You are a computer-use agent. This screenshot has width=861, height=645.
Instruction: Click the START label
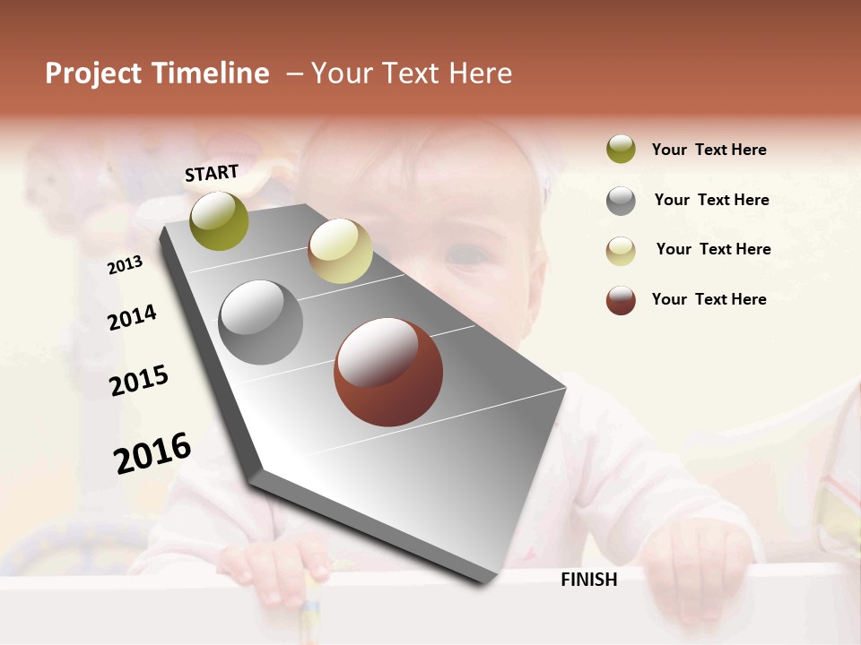(212, 173)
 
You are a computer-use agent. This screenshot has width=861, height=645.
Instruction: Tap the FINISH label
(589, 580)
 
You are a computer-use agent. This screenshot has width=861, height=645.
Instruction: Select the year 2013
(126, 265)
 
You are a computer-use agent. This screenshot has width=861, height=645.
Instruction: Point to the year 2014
(133, 317)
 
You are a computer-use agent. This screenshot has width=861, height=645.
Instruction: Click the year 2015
(139, 381)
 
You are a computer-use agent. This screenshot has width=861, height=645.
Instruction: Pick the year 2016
(152, 452)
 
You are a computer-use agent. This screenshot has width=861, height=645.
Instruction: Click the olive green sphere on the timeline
(220, 220)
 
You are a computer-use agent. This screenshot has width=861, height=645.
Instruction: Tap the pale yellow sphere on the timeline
(340, 251)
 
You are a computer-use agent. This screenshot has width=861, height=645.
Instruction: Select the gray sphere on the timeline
(261, 322)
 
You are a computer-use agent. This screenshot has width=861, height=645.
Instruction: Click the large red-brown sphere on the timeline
(388, 372)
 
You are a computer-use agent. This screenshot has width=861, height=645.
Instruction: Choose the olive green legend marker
(621, 150)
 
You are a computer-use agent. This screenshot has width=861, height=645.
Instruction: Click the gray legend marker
(621, 201)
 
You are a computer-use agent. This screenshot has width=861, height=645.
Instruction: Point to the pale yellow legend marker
(621, 250)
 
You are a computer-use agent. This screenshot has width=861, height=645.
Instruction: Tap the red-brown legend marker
(621, 300)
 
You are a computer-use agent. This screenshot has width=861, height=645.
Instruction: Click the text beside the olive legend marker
(709, 150)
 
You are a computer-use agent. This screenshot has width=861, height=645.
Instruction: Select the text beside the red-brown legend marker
(709, 299)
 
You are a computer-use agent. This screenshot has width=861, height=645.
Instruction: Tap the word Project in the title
(93, 73)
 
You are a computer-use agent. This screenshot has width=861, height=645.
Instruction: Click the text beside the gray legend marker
(711, 200)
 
